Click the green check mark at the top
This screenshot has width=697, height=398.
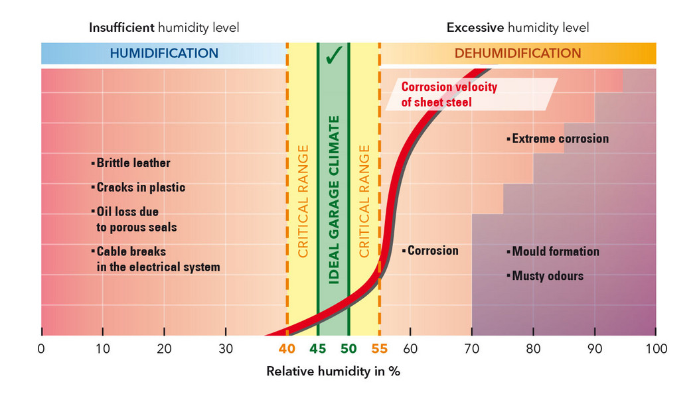(333, 55)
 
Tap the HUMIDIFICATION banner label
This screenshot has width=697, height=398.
(164, 53)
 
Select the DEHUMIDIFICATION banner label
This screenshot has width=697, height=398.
(518, 53)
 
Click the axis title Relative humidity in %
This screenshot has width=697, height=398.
(333, 371)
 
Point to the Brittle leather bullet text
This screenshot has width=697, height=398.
(133, 163)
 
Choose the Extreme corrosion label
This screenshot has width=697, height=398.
(560, 139)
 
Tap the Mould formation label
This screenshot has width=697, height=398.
(555, 251)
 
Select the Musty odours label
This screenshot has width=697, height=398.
(547, 275)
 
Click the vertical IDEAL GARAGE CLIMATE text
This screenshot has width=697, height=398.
(334, 199)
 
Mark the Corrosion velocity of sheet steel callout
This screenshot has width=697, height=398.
(449, 94)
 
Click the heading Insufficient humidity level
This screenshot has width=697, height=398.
(164, 28)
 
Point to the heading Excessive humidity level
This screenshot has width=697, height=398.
(518, 28)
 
